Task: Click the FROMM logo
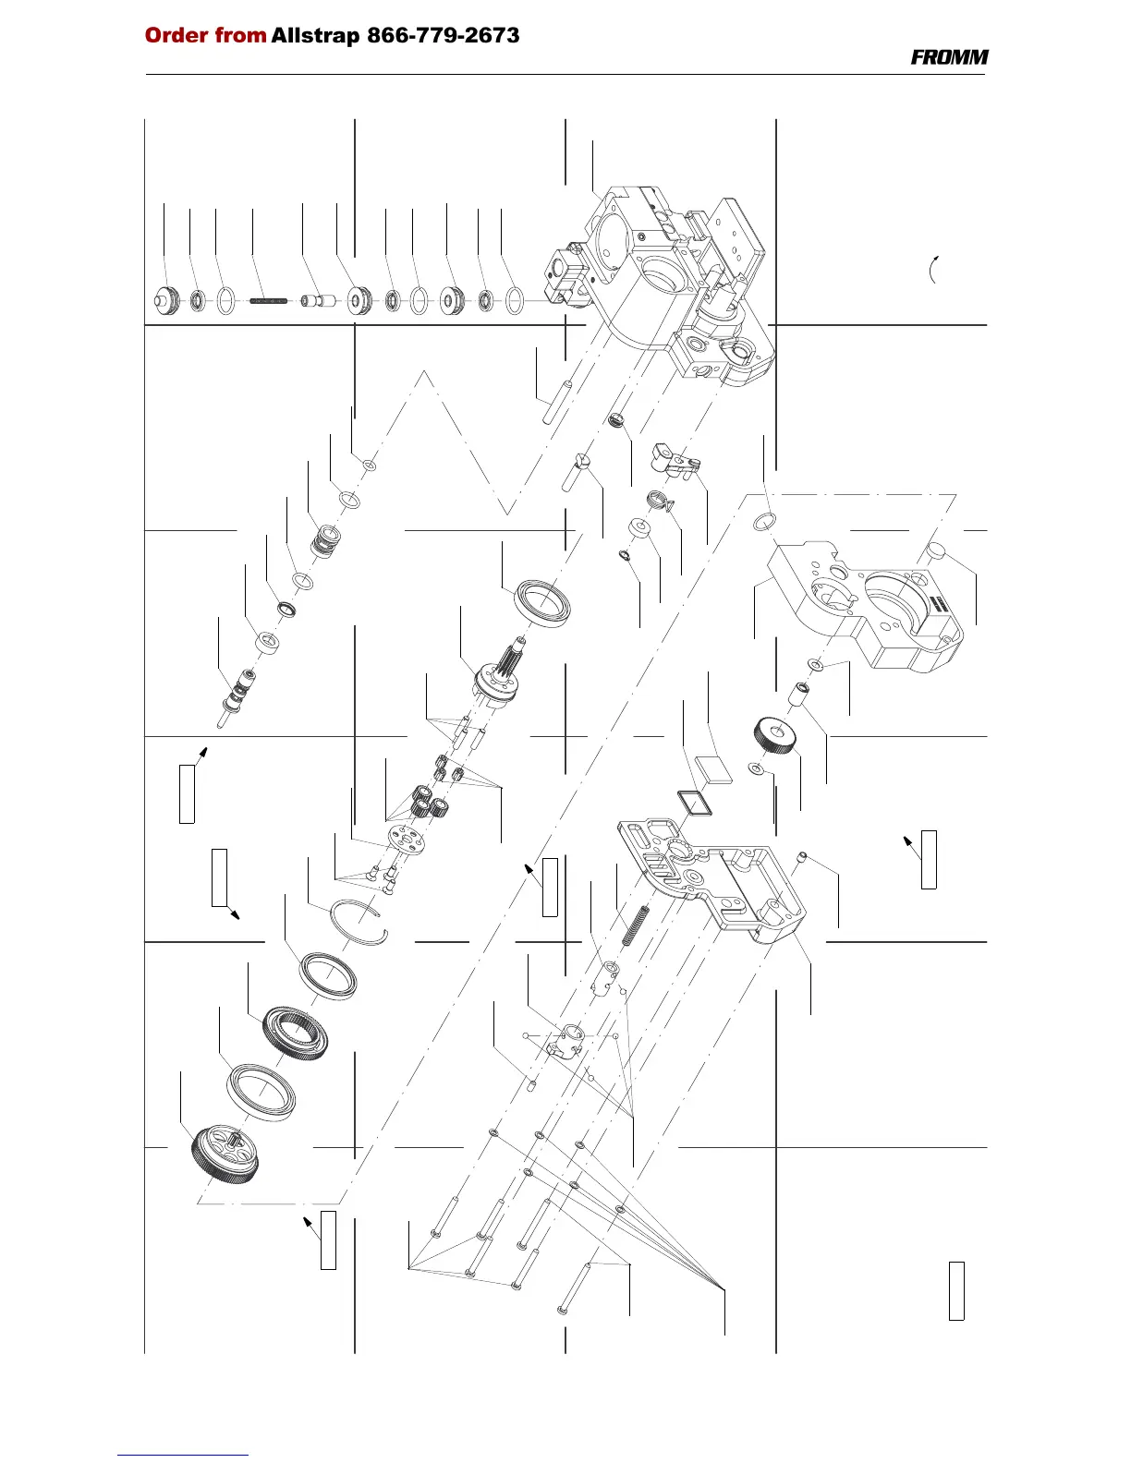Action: click(949, 57)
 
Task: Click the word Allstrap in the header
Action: click(315, 36)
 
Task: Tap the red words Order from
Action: click(205, 36)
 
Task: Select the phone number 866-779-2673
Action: click(444, 36)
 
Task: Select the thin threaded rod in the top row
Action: click(271, 300)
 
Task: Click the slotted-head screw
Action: click(571, 473)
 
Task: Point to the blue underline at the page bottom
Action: click(183, 1455)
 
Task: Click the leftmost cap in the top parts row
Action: click(164, 299)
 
